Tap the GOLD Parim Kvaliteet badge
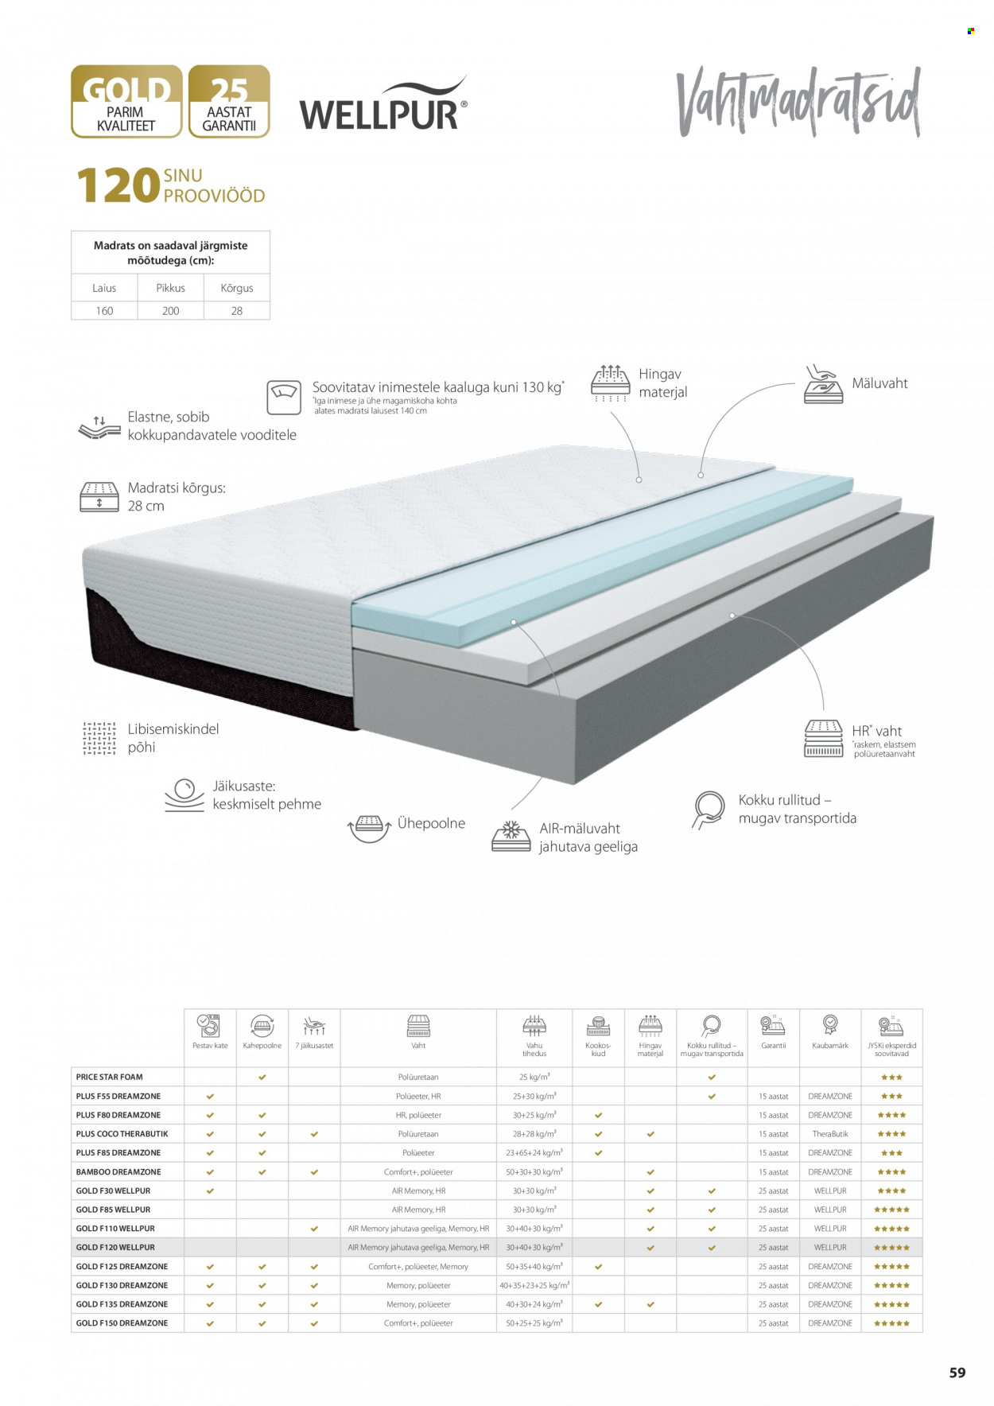point(126,102)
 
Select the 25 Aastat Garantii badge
point(229,102)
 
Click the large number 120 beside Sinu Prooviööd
point(118,186)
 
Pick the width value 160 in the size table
point(104,311)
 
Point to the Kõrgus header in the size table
point(237,288)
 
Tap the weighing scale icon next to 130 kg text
point(284,397)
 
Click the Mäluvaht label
point(879,383)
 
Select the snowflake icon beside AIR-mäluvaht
point(511,835)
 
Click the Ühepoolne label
point(431,824)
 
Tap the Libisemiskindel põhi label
point(173,738)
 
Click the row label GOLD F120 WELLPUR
point(115,1248)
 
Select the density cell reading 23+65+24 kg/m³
point(534,1153)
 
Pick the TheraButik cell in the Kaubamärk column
point(830,1134)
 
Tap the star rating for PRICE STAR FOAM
point(891,1078)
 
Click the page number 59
point(957,1373)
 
